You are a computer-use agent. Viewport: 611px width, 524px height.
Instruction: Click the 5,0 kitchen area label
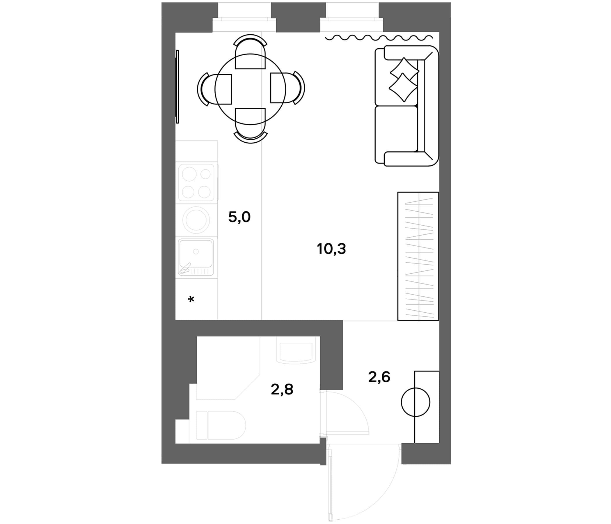point(239,217)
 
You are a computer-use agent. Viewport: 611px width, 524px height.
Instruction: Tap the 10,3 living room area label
point(331,249)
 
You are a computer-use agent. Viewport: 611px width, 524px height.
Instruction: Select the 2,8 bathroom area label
point(282,390)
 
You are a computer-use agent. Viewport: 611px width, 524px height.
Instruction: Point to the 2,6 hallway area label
point(379,377)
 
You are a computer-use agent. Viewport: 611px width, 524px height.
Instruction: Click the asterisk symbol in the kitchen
point(191,300)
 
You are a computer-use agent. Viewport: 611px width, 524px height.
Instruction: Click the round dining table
point(250,89)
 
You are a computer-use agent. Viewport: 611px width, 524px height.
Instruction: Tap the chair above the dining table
point(250,52)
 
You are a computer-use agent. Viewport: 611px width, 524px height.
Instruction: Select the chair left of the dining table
point(214,89)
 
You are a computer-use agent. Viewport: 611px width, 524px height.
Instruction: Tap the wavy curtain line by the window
point(379,38)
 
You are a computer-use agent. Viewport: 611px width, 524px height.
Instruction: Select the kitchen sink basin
point(196,257)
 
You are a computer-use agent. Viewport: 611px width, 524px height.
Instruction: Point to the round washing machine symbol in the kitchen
point(196,219)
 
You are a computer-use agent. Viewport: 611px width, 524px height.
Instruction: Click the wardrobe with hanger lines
point(418,256)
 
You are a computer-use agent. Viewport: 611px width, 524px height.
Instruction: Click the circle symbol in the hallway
point(415,402)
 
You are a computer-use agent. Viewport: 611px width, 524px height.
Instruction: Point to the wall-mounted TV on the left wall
point(177,86)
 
